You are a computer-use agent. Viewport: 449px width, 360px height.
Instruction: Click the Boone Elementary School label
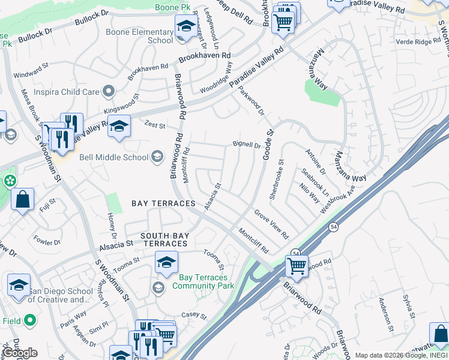139,36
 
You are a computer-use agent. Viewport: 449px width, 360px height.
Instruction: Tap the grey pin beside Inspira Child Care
109,92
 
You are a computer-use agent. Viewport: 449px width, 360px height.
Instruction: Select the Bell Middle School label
113,158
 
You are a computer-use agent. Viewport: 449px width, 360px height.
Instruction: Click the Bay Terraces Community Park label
203,282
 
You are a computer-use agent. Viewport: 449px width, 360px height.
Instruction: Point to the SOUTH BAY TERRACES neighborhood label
164,240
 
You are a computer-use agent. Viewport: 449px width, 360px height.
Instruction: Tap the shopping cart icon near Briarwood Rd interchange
296,265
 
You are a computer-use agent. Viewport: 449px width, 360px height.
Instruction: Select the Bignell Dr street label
247,145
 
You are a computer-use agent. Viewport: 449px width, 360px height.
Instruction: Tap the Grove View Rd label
271,224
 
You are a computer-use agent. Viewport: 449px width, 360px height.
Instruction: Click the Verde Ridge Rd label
418,41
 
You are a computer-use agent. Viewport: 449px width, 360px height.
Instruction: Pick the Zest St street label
154,124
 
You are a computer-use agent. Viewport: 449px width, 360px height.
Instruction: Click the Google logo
21,353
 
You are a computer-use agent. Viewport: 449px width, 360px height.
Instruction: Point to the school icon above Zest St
119,126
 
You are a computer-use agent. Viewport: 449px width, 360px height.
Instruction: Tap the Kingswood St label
121,104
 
